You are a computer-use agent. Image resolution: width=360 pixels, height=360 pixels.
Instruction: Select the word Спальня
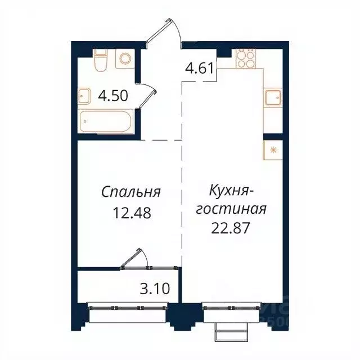[131, 192]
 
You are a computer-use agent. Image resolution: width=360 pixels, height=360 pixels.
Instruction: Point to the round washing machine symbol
[124, 59]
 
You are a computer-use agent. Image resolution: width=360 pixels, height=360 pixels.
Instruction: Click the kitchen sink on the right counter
[273, 98]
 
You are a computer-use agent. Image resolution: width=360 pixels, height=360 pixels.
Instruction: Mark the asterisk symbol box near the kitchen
[273, 150]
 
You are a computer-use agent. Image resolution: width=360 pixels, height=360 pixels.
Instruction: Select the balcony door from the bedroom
[134, 260]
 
